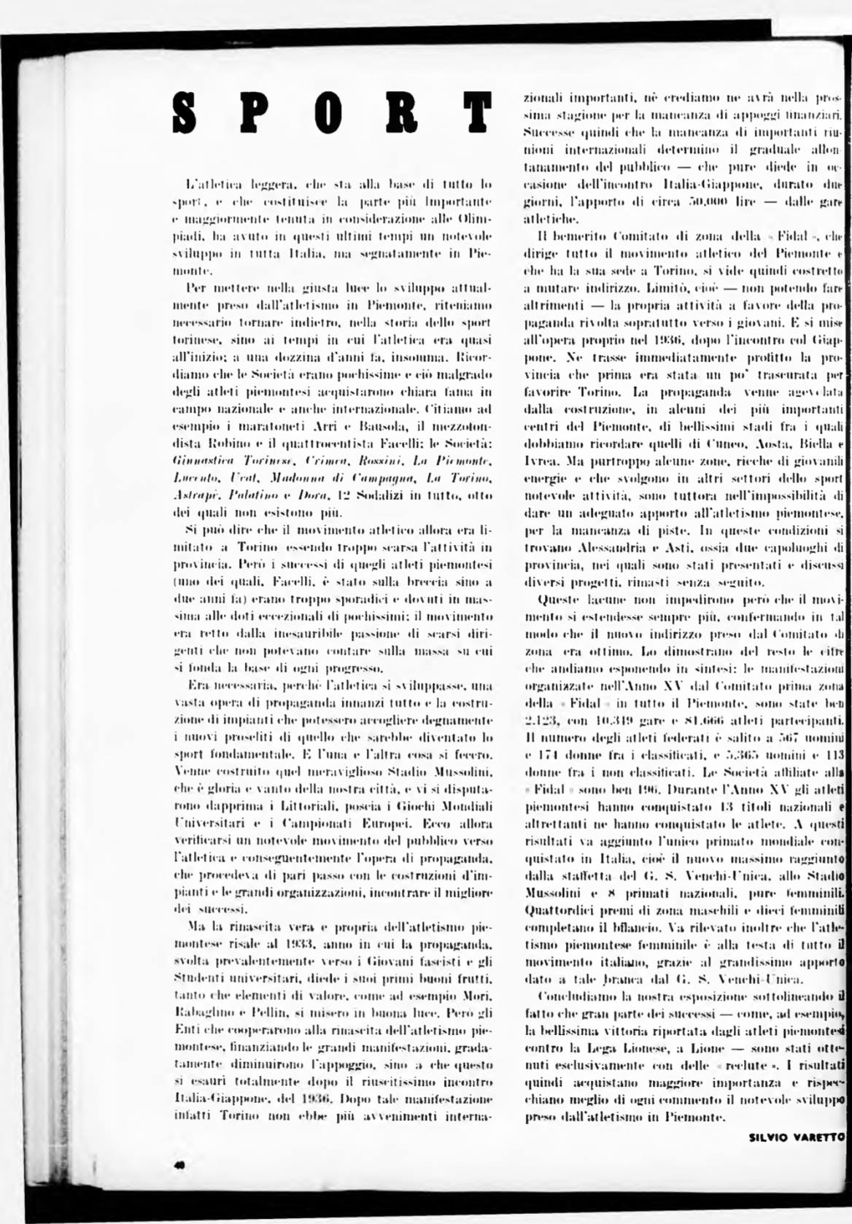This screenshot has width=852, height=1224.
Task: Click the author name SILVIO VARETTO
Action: [x=797, y=1136]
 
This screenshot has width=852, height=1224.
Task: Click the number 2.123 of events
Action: [x=541, y=721]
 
